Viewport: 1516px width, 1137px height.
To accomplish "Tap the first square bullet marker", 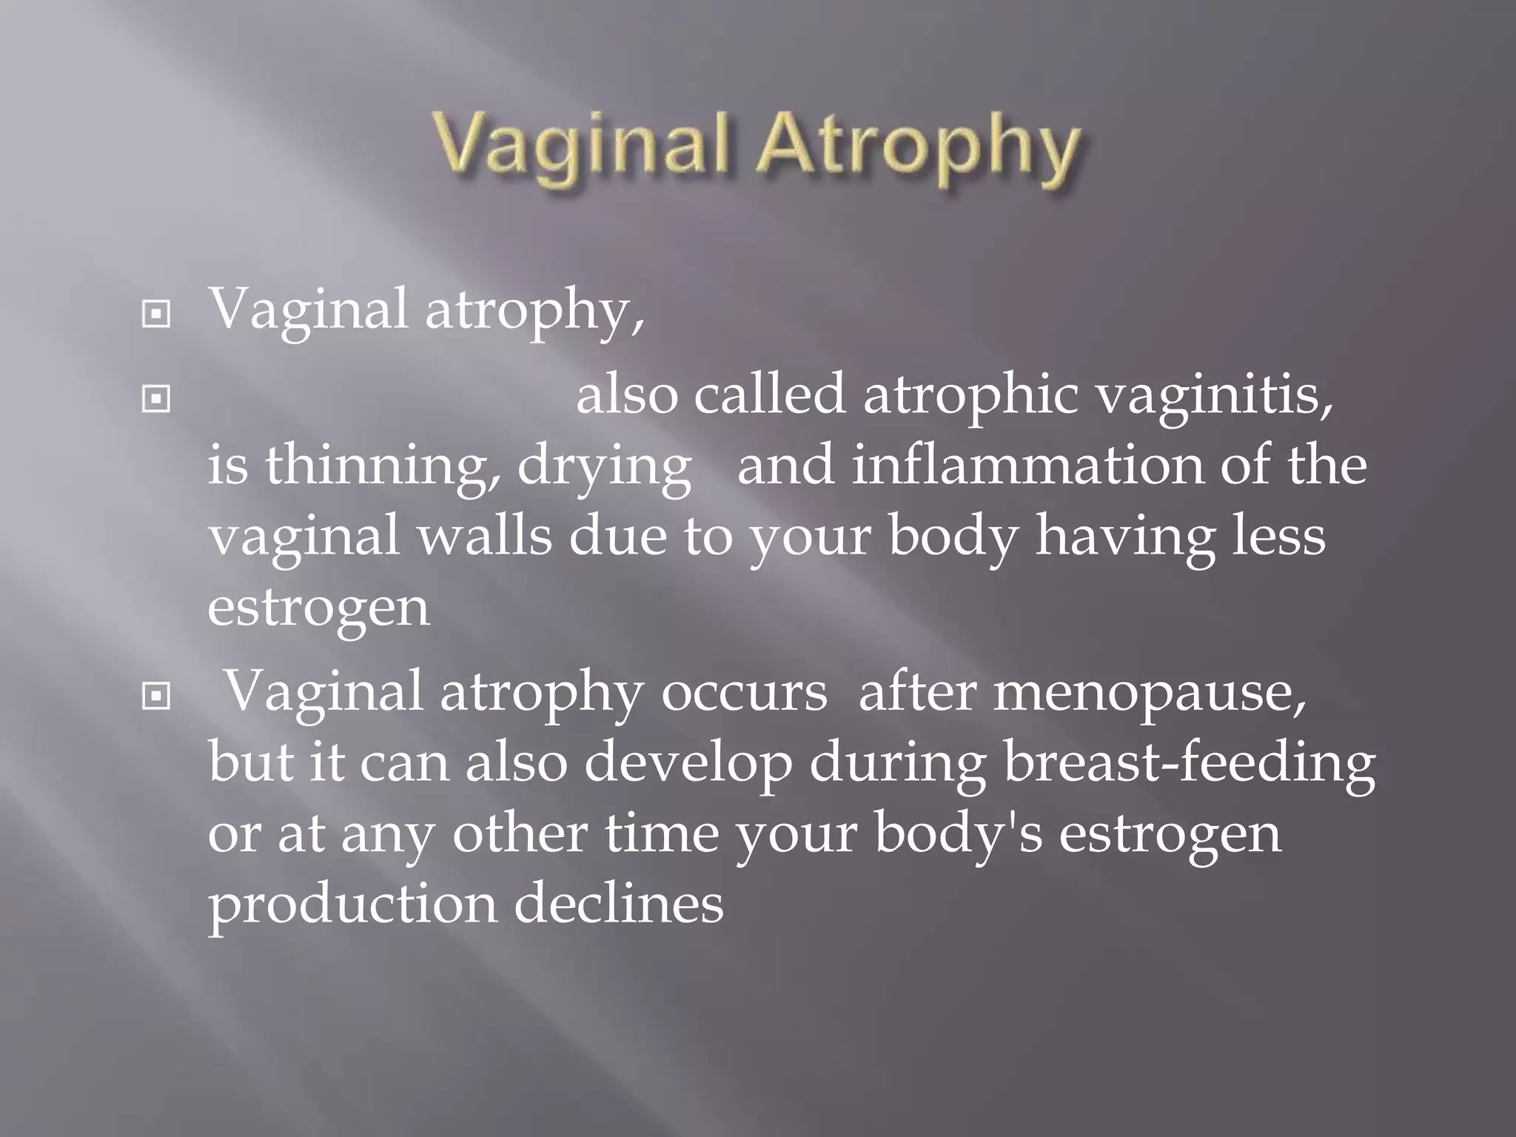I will (x=155, y=315).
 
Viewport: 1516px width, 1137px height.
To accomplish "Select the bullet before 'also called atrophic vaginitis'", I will (x=155, y=400).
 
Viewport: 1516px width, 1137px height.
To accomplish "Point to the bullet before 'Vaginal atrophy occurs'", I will (x=155, y=696).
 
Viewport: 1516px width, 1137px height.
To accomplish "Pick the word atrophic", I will (x=970, y=395).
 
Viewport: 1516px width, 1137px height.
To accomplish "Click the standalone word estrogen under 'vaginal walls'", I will (x=318, y=608).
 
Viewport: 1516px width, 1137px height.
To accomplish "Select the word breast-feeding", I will (x=1190, y=764).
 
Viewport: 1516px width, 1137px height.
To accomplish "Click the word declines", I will (x=619, y=905).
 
